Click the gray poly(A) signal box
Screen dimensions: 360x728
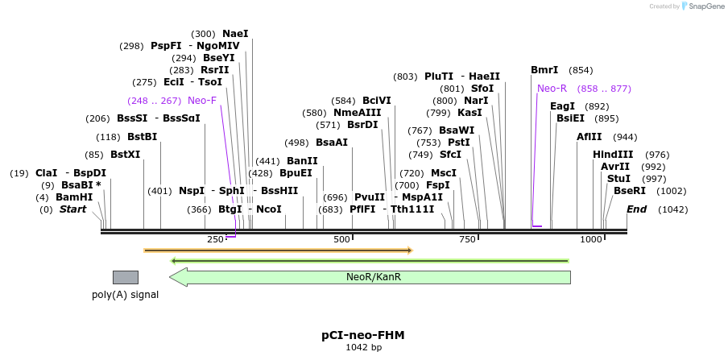(x=125, y=277)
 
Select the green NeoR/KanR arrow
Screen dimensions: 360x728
(x=370, y=277)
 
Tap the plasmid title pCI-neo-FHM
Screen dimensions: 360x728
(x=363, y=335)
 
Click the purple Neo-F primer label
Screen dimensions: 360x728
(x=202, y=101)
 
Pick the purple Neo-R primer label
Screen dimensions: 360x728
(x=552, y=89)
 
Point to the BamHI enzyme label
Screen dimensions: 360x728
(x=74, y=197)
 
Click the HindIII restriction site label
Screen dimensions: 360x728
(x=613, y=155)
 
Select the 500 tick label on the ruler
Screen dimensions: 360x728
(x=341, y=239)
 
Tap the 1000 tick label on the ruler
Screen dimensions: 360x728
(x=592, y=239)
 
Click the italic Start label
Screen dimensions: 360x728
(x=72, y=209)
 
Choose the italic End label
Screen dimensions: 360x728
(x=636, y=209)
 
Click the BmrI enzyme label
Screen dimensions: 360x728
(x=544, y=70)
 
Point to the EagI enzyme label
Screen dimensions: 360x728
(x=562, y=106)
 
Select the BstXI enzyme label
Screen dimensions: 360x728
(x=125, y=155)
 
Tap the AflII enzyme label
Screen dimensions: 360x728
(x=589, y=137)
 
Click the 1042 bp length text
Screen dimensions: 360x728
(x=363, y=348)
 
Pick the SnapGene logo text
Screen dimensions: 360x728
(x=701, y=6)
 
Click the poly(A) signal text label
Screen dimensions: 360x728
(x=125, y=295)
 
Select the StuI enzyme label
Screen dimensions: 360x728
(x=618, y=179)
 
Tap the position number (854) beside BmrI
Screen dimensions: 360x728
(x=580, y=70)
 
